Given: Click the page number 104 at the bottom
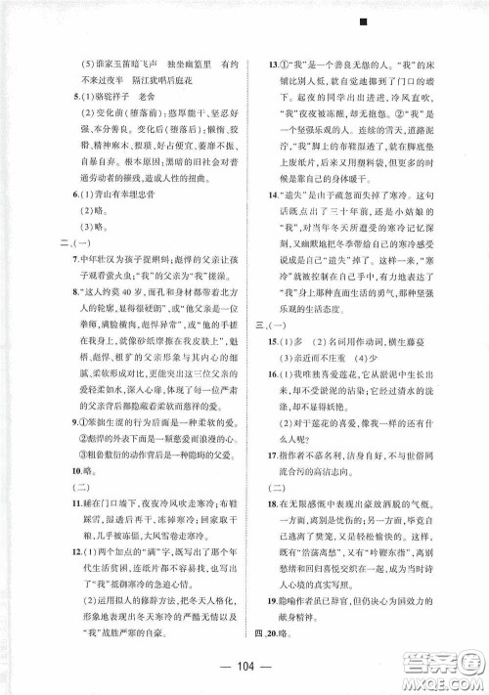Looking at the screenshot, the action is (244, 658).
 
